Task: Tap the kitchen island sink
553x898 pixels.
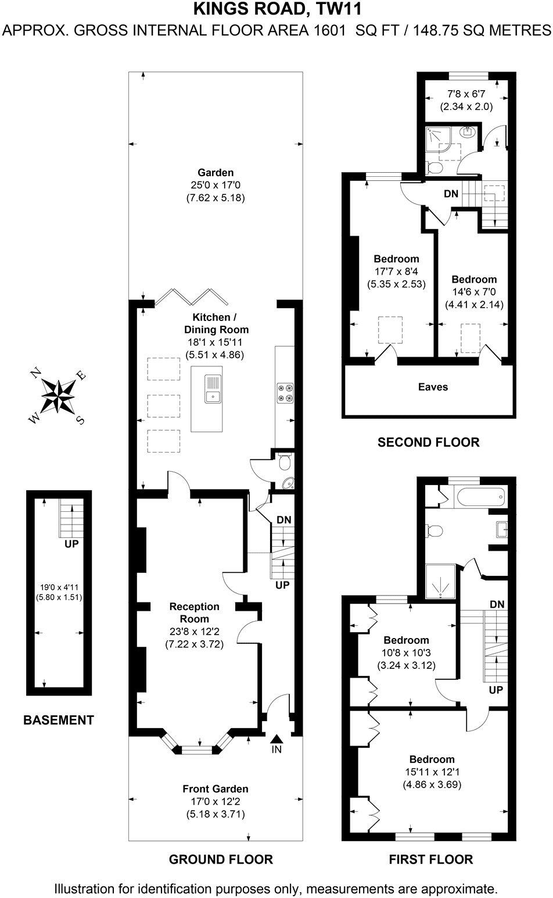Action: tap(213, 389)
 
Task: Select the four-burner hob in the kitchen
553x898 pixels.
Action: tap(286, 392)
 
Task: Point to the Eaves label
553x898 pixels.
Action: tap(433, 387)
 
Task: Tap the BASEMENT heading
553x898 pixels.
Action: tap(58, 721)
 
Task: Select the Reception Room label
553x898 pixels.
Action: tap(194, 612)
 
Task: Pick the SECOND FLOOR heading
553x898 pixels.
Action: tap(429, 443)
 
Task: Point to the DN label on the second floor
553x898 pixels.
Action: tap(451, 194)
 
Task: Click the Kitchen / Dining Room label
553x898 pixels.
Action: tap(216, 323)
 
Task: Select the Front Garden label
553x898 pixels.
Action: tap(216, 789)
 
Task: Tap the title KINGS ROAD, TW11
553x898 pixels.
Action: tap(276, 9)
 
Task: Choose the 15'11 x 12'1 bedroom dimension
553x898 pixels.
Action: tap(432, 772)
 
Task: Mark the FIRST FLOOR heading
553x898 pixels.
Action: tap(430, 859)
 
